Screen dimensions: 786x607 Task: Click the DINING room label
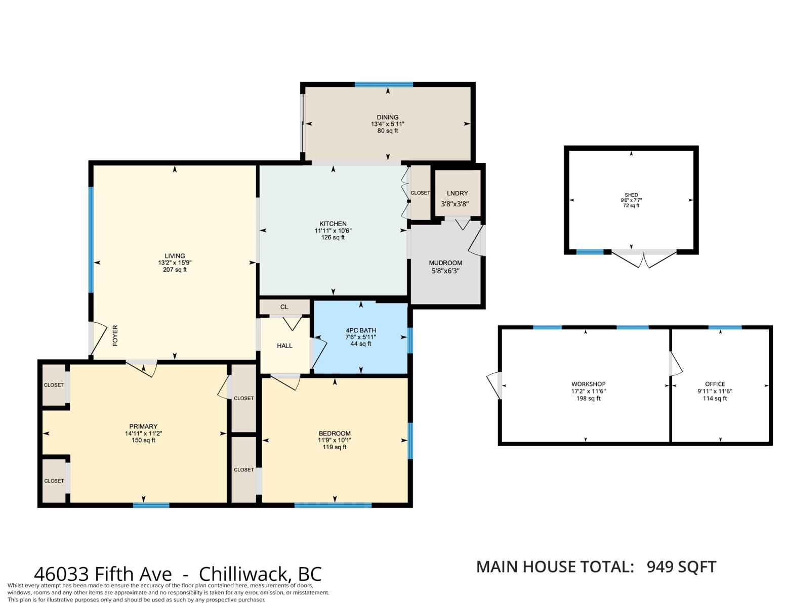pyautogui.click(x=387, y=117)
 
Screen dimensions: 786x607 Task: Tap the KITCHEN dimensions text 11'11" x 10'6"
pyautogui.click(x=333, y=231)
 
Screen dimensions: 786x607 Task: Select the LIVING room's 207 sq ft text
pyautogui.click(x=175, y=269)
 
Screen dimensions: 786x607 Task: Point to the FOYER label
pyautogui.click(x=115, y=335)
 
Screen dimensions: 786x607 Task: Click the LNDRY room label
pyautogui.click(x=457, y=193)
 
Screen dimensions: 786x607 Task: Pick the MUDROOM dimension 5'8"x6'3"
pyautogui.click(x=445, y=271)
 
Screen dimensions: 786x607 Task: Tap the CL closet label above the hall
pyautogui.click(x=284, y=307)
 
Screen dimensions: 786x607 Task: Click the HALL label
pyautogui.click(x=284, y=346)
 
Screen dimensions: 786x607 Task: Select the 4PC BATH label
pyautogui.click(x=361, y=330)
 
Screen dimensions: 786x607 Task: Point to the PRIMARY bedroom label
pyautogui.click(x=143, y=426)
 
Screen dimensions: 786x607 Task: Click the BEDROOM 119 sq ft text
pyautogui.click(x=335, y=447)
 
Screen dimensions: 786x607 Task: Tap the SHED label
pyautogui.click(x=631, y=195)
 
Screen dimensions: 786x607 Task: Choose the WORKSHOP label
pyautogui.click(x=589, y=384)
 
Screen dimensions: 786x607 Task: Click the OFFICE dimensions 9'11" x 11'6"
pyautogui.click(x=715, y=391)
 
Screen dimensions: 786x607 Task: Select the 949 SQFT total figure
pyautogui.click(x=681, y=567)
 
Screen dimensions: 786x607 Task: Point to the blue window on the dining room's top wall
pyautogui.click(x=384, y=84)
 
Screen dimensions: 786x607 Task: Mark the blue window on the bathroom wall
pyautogui.click(x=410, y=340)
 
